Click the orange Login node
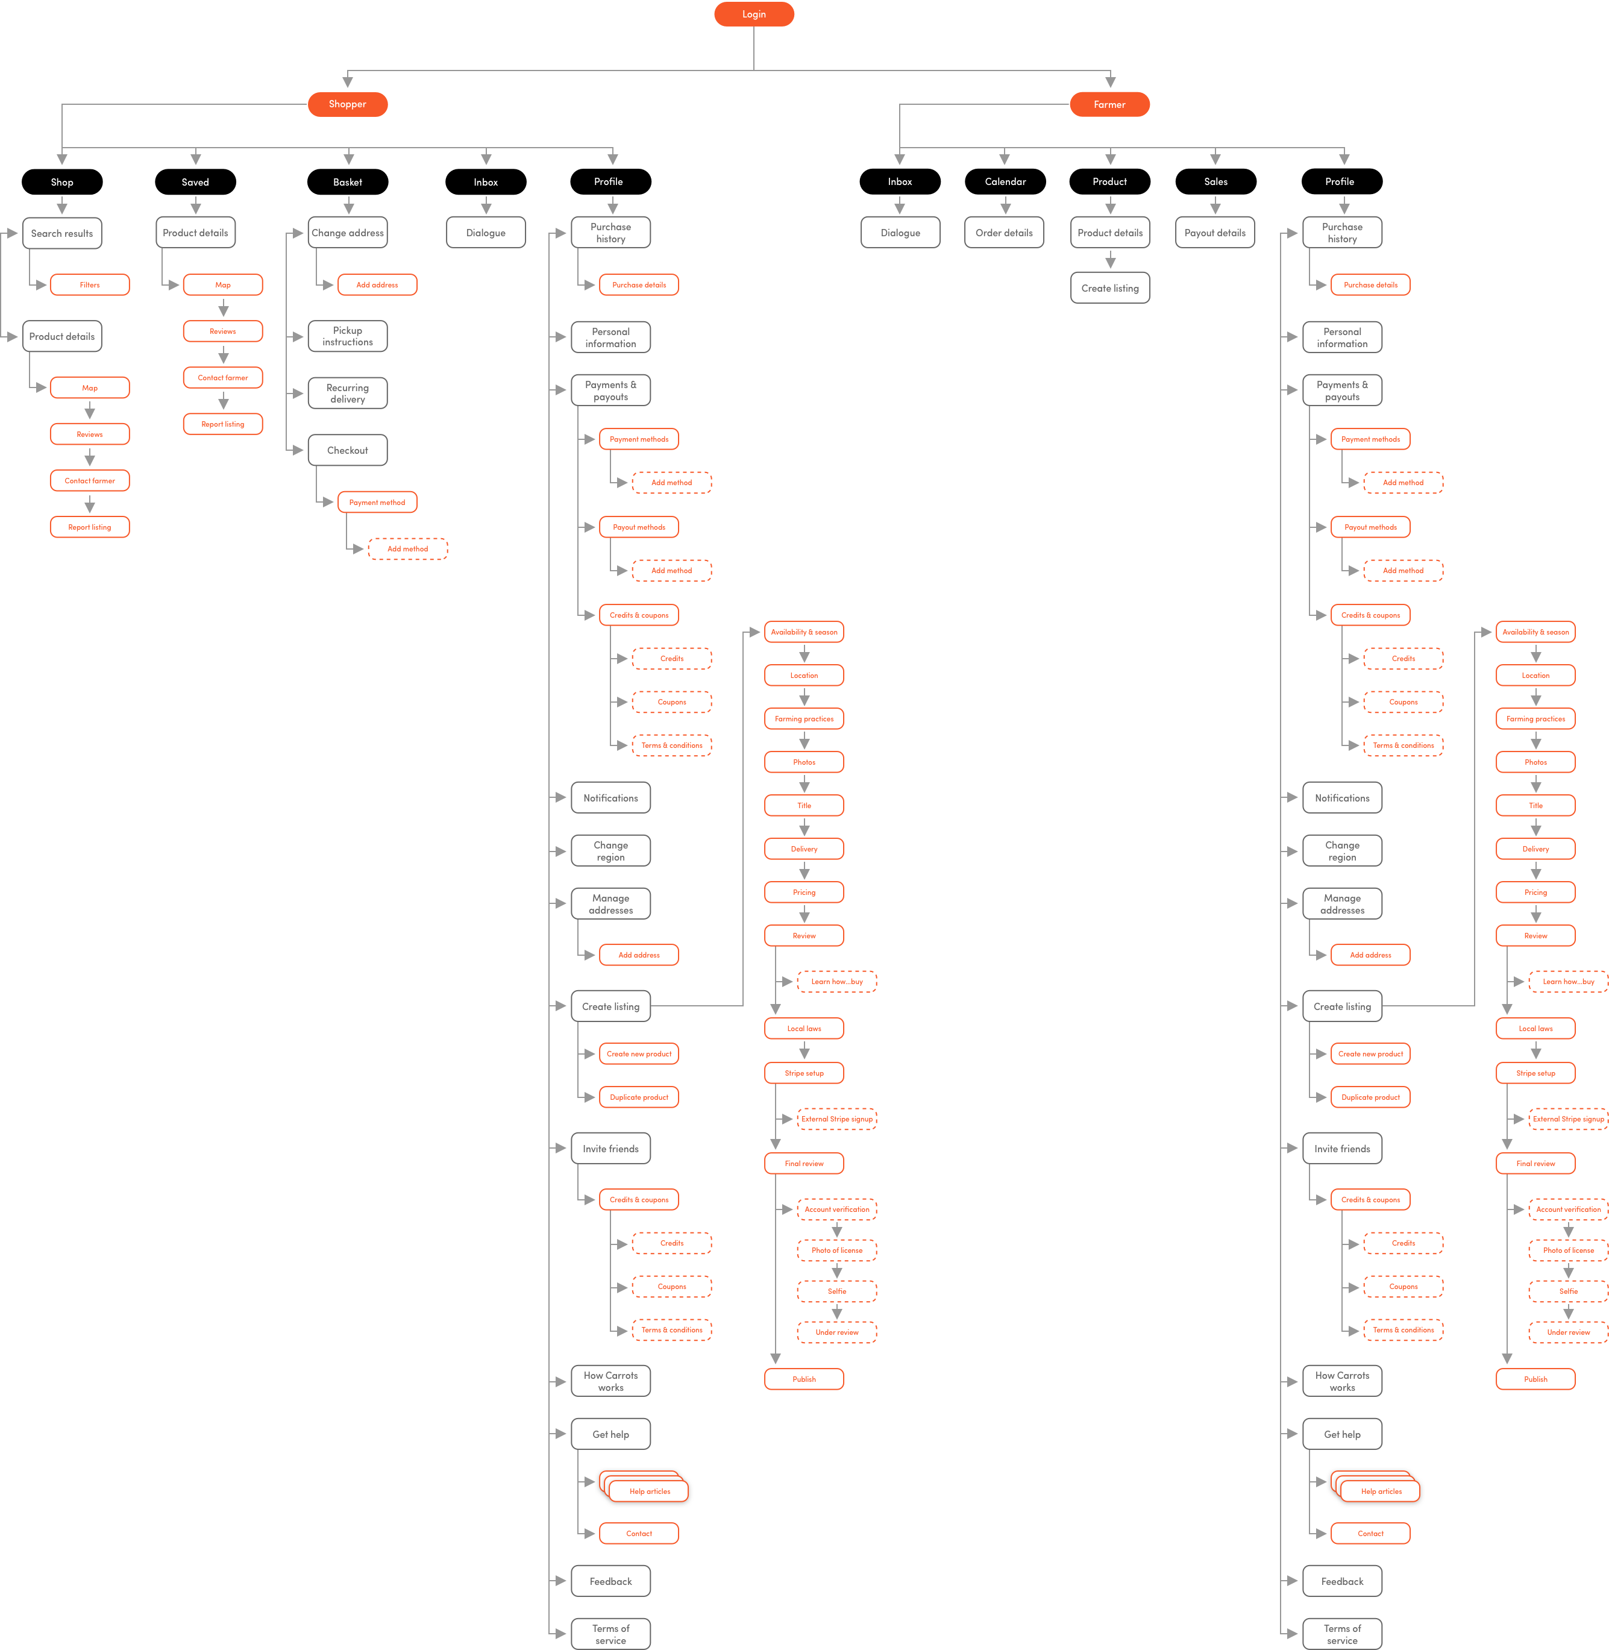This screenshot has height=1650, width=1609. pos(754,14)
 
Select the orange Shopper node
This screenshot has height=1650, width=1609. pos(347,104)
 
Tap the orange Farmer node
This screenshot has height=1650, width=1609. pos(1109,104)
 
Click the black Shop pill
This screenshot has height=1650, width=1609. pos(61,181)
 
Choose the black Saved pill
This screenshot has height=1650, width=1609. pos(195,181)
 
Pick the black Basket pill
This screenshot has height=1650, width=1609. pos(347,181)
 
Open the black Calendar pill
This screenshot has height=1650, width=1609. pos(1005,181)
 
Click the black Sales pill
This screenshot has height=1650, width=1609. pos(1215,181)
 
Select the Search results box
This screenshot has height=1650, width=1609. pos(61,233)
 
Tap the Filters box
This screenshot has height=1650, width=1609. pos(90,284)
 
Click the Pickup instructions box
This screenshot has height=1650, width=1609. pos(347,336)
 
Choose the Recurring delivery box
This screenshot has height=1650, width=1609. pos(347,393)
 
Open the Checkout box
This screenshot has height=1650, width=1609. pos(347,450)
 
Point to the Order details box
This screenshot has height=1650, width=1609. pos(1004,233)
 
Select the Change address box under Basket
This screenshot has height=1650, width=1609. pos(347,233)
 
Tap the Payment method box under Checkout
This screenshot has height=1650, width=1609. pos(377,502)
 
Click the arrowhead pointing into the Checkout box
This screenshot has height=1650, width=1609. pos(298,450)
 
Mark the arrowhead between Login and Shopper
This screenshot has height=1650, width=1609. pos(347,82)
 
